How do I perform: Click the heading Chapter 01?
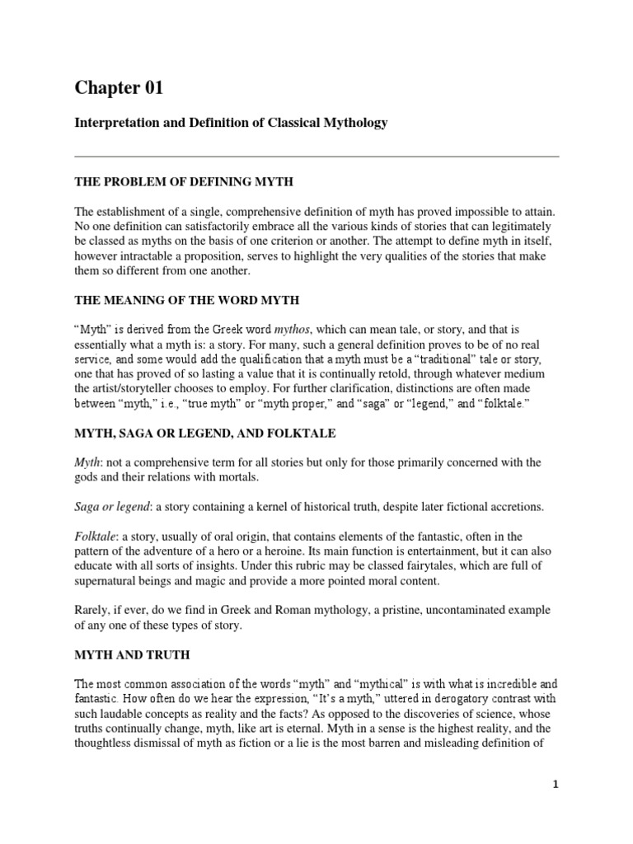point(124,87)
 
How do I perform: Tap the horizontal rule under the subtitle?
point(316,156)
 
